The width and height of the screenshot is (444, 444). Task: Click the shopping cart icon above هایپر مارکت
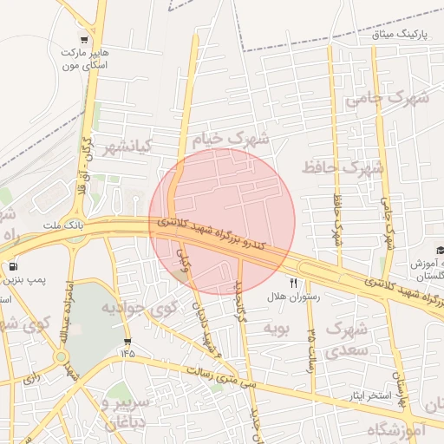click(x=84, y=38)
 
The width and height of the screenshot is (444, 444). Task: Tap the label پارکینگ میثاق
click(x=401, y=35)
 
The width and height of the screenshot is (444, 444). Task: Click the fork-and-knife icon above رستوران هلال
click(x=293, y=283)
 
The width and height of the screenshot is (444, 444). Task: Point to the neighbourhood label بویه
click(x=275, y=327)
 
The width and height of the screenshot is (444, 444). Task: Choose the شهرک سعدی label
click(x=345, y=339)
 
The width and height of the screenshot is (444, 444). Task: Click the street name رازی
click(x=33, y=377)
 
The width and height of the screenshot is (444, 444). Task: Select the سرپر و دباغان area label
click(x=138, y=413)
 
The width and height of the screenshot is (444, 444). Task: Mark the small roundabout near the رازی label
click(x=61, y=356)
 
